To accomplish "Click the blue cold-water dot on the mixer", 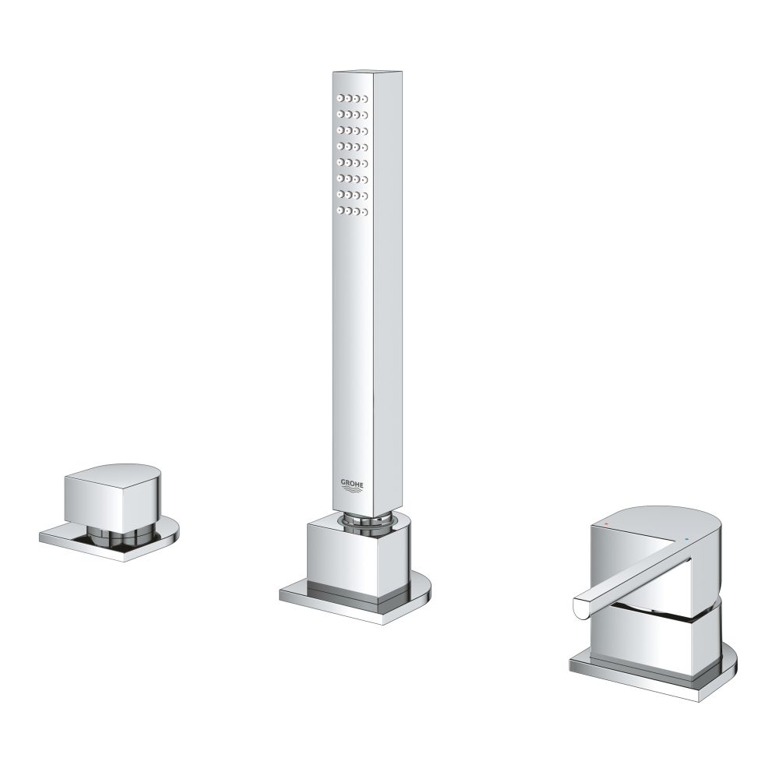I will coord(686,538).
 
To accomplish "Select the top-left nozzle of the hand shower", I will coord(340,97).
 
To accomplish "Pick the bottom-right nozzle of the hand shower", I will coord(364,212).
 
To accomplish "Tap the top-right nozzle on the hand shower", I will coord(364,100).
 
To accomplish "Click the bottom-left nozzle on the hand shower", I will coord(340,210).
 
